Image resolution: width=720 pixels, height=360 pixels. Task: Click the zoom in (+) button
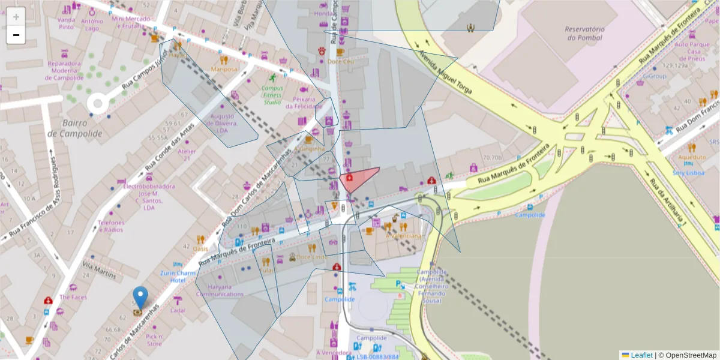tap(16, 17)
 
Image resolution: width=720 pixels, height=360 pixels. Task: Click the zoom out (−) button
tap(16, 35)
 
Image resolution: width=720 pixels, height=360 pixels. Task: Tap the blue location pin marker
tap(140, 298)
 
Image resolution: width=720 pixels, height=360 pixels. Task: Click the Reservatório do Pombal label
tap(584, 34)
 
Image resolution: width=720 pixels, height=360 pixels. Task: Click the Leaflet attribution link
tap(641, 355)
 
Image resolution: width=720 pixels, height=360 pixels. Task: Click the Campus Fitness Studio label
tap(272, 95)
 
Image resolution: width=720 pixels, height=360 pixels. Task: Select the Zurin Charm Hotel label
tap(178, 277)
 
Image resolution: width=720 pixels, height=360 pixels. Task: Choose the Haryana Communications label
tap(220, 290)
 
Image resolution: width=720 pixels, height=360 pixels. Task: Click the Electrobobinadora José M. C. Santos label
tap(149, 197)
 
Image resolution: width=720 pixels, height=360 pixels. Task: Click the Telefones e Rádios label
tap(111, 226)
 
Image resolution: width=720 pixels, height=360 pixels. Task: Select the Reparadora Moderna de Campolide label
tap(64, 70)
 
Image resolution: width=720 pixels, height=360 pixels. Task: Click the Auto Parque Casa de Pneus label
tap(692, 51)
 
